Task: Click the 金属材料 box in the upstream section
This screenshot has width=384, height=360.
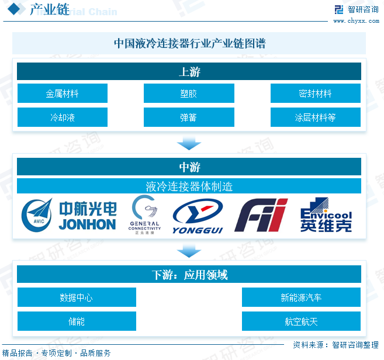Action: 62,94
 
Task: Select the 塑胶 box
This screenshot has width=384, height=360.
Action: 189,94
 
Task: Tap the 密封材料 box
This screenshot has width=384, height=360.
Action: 315,94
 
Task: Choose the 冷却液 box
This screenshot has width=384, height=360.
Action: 62,117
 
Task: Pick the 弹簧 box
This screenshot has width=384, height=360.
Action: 189,117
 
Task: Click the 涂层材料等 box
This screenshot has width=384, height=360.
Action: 315,117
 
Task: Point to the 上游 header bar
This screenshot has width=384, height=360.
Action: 189,72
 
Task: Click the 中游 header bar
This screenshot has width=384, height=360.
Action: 189,167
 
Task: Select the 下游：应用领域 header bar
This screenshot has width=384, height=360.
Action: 189,275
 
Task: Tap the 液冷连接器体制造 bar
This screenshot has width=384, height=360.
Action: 189,186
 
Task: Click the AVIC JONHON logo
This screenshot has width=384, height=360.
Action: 68,215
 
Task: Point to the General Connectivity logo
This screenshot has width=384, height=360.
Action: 144,214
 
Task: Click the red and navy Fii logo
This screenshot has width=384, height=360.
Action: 261,215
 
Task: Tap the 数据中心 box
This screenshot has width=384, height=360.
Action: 76,297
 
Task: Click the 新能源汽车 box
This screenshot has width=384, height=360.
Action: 301,297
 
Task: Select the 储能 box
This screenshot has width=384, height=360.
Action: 76,321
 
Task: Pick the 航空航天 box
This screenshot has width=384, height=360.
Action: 301,321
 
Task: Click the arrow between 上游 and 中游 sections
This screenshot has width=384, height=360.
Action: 189,143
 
